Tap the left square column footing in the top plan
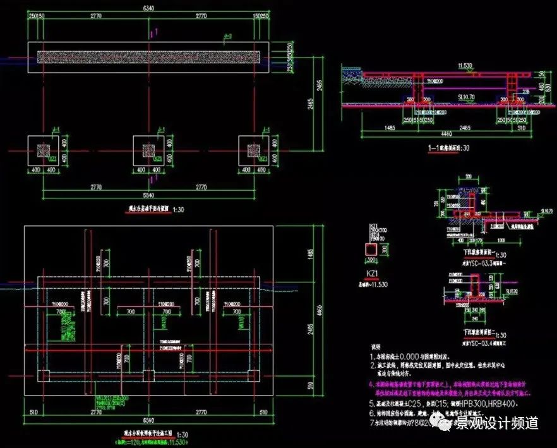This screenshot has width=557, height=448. pos(43,150)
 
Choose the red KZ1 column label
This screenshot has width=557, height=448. pos(373,273)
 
